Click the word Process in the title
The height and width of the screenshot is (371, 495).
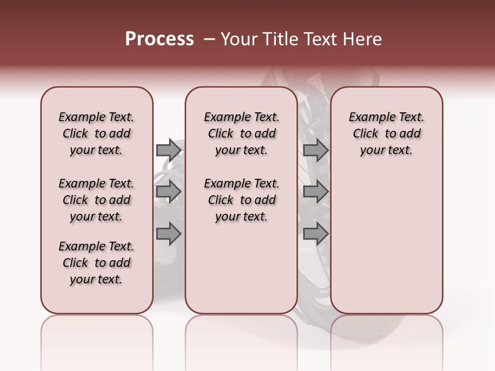click(x=159, y=39)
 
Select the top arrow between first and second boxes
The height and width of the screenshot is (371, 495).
click(x=168, y=150)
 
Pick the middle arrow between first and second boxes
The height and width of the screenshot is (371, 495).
click(x=168, y=192)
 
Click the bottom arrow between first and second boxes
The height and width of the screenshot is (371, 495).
click(x=168, y=234)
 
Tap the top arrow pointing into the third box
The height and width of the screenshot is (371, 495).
click(x=316, y=150)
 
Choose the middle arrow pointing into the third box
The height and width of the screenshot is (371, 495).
click(x=316, y=192)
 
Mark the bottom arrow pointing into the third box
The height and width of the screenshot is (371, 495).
click(x=316, y=234)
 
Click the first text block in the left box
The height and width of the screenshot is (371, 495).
click(x=96, y=133)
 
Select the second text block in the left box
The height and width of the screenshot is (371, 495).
click(x=96, y=200)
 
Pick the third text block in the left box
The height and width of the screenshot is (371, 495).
click(x=96, y=263)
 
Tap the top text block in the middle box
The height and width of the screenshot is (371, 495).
click(x=241, y=133)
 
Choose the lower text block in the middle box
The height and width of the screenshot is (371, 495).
click(x=241, y=200)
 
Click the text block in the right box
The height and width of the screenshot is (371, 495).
click(x=387, y=133)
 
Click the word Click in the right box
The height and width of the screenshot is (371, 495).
click(x=366, y=134)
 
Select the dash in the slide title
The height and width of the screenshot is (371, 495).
click(x=209, y=39)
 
